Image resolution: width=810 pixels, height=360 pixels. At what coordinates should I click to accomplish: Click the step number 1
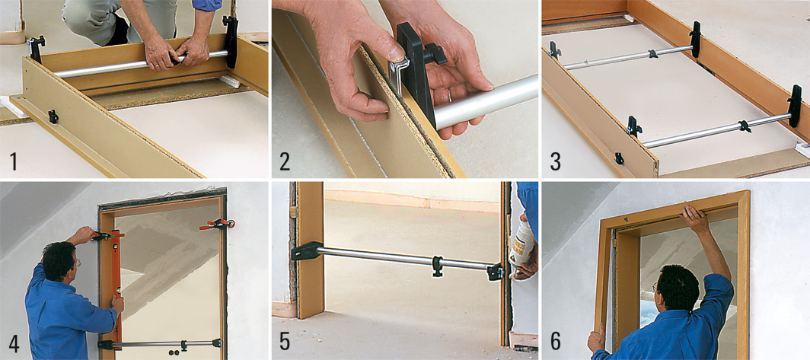14,161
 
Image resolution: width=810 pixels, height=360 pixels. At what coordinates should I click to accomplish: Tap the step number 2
285,161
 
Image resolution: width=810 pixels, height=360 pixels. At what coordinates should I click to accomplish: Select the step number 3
555,161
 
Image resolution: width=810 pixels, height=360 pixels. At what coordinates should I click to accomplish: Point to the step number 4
14,343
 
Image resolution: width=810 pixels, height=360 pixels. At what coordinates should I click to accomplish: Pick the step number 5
285,343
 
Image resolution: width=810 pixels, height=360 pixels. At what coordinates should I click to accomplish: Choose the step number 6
555,343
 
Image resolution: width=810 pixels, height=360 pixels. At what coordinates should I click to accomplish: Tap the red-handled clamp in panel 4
217,225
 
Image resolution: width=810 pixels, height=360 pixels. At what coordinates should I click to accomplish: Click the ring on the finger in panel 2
449,95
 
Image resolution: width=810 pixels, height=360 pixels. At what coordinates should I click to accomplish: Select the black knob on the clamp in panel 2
434,54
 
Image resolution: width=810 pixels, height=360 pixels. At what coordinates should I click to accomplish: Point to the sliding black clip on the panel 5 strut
438,266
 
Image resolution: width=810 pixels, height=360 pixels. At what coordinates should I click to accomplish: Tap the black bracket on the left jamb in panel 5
308,251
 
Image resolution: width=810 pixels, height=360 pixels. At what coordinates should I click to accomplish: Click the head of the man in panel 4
59,260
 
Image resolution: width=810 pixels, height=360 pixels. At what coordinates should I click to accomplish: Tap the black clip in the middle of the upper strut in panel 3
653,53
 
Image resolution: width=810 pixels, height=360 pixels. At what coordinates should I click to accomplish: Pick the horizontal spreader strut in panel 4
160,343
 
